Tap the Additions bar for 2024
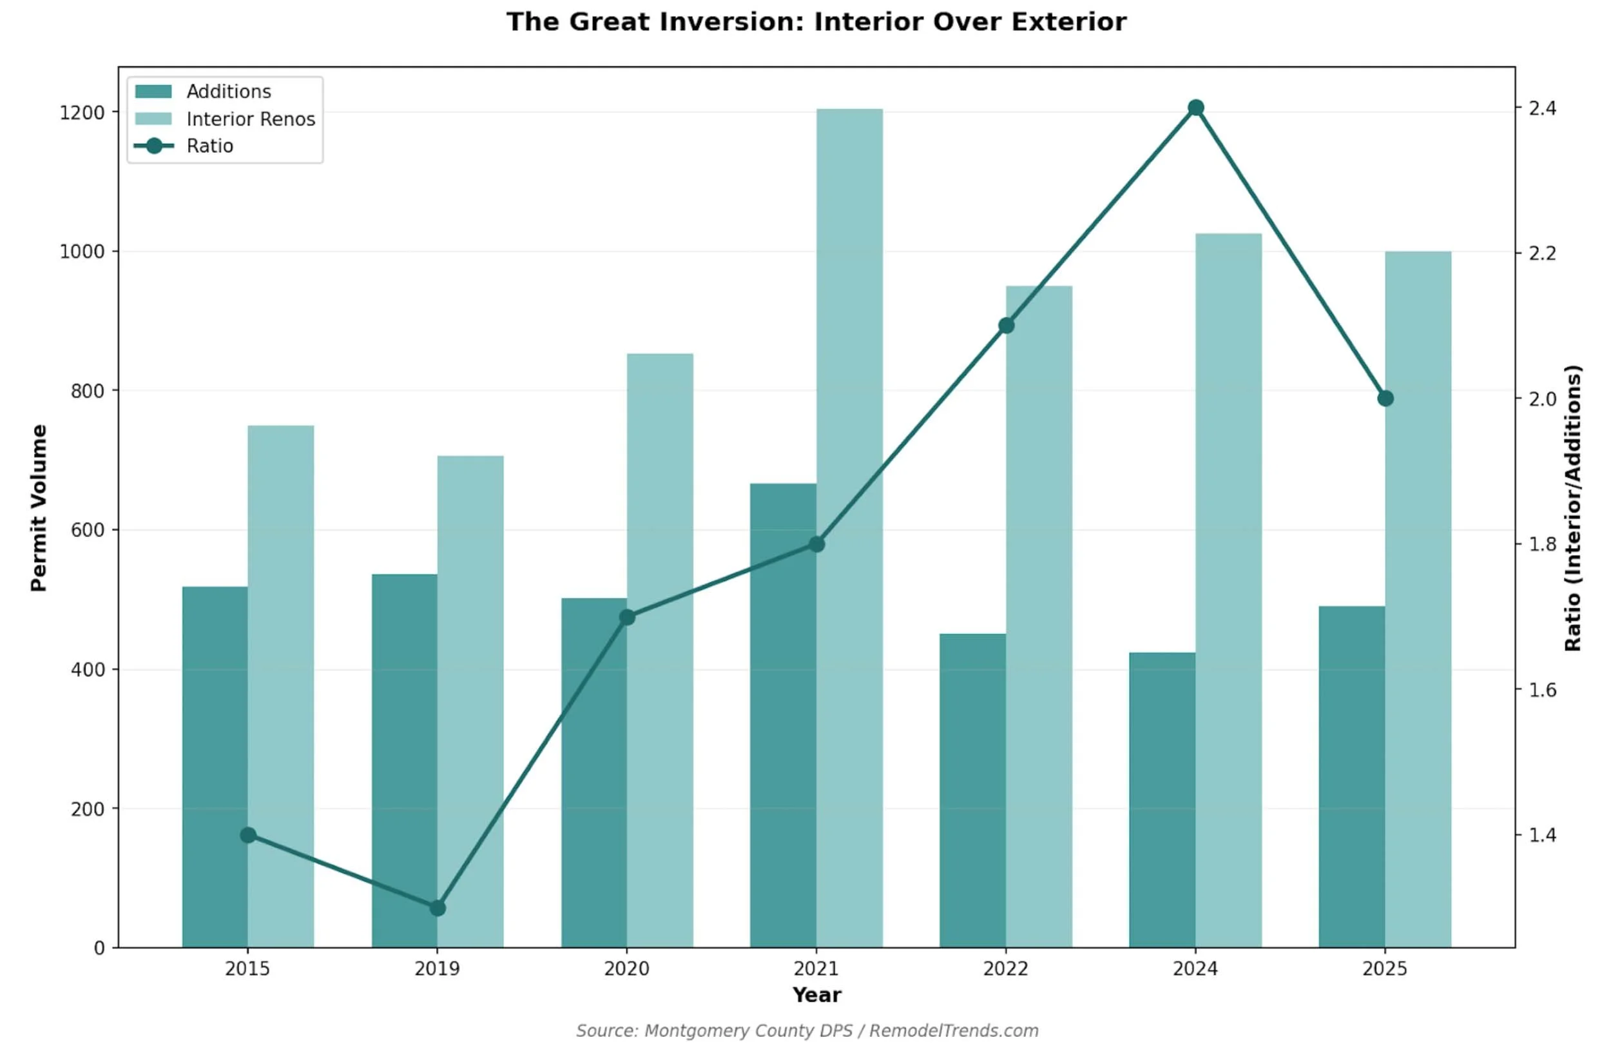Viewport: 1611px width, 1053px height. [x=1162, y=800]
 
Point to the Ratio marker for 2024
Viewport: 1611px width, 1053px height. [x=1196, y=108]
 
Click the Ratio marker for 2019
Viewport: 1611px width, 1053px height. [x=438, y=908]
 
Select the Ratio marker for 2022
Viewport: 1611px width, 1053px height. [x=1007, y=326]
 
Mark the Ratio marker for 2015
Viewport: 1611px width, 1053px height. [x=249, y=835]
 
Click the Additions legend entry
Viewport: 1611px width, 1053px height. [x=228, y=92]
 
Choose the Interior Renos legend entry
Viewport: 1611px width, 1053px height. [x=251, y=119]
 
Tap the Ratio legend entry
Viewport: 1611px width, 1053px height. [x=210, y=146]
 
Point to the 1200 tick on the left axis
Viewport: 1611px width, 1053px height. [x=82, y=112]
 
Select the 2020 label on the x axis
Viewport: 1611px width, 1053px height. [x=627, y=969]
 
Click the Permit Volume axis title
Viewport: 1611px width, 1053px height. [x=39, y=508]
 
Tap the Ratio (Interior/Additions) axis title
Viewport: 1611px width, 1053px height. [x=1573, y=508]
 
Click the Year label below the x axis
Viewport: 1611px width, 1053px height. [x=816, y=995]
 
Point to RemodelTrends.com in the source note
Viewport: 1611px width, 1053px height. [x=954, y=1030]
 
